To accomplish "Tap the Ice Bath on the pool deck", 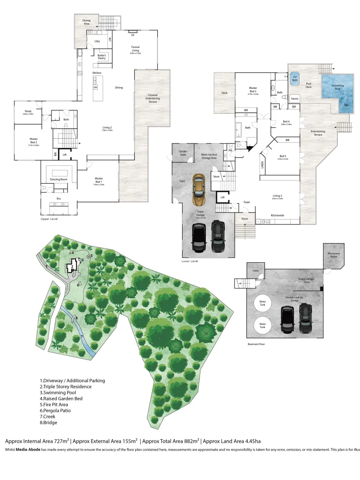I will click(294, 79).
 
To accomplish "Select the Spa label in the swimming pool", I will click(346, 105).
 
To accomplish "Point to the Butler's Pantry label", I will click(104, 57).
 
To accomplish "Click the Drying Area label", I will click(86, 22).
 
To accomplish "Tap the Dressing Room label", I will click(58, 179).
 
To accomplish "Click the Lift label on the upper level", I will click(65, 155).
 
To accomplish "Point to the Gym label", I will click(182, 181).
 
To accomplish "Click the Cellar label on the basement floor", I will click(256, 270).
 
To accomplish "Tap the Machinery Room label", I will click(334, 255).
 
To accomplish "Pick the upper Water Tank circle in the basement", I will click(263, 304).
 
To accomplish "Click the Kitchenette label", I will click(278, 216).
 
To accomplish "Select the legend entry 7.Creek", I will click(48, 416).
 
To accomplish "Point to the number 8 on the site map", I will click(76, 318).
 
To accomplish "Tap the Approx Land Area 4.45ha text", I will click(232, 441).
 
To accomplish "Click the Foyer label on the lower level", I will click(247, 202).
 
